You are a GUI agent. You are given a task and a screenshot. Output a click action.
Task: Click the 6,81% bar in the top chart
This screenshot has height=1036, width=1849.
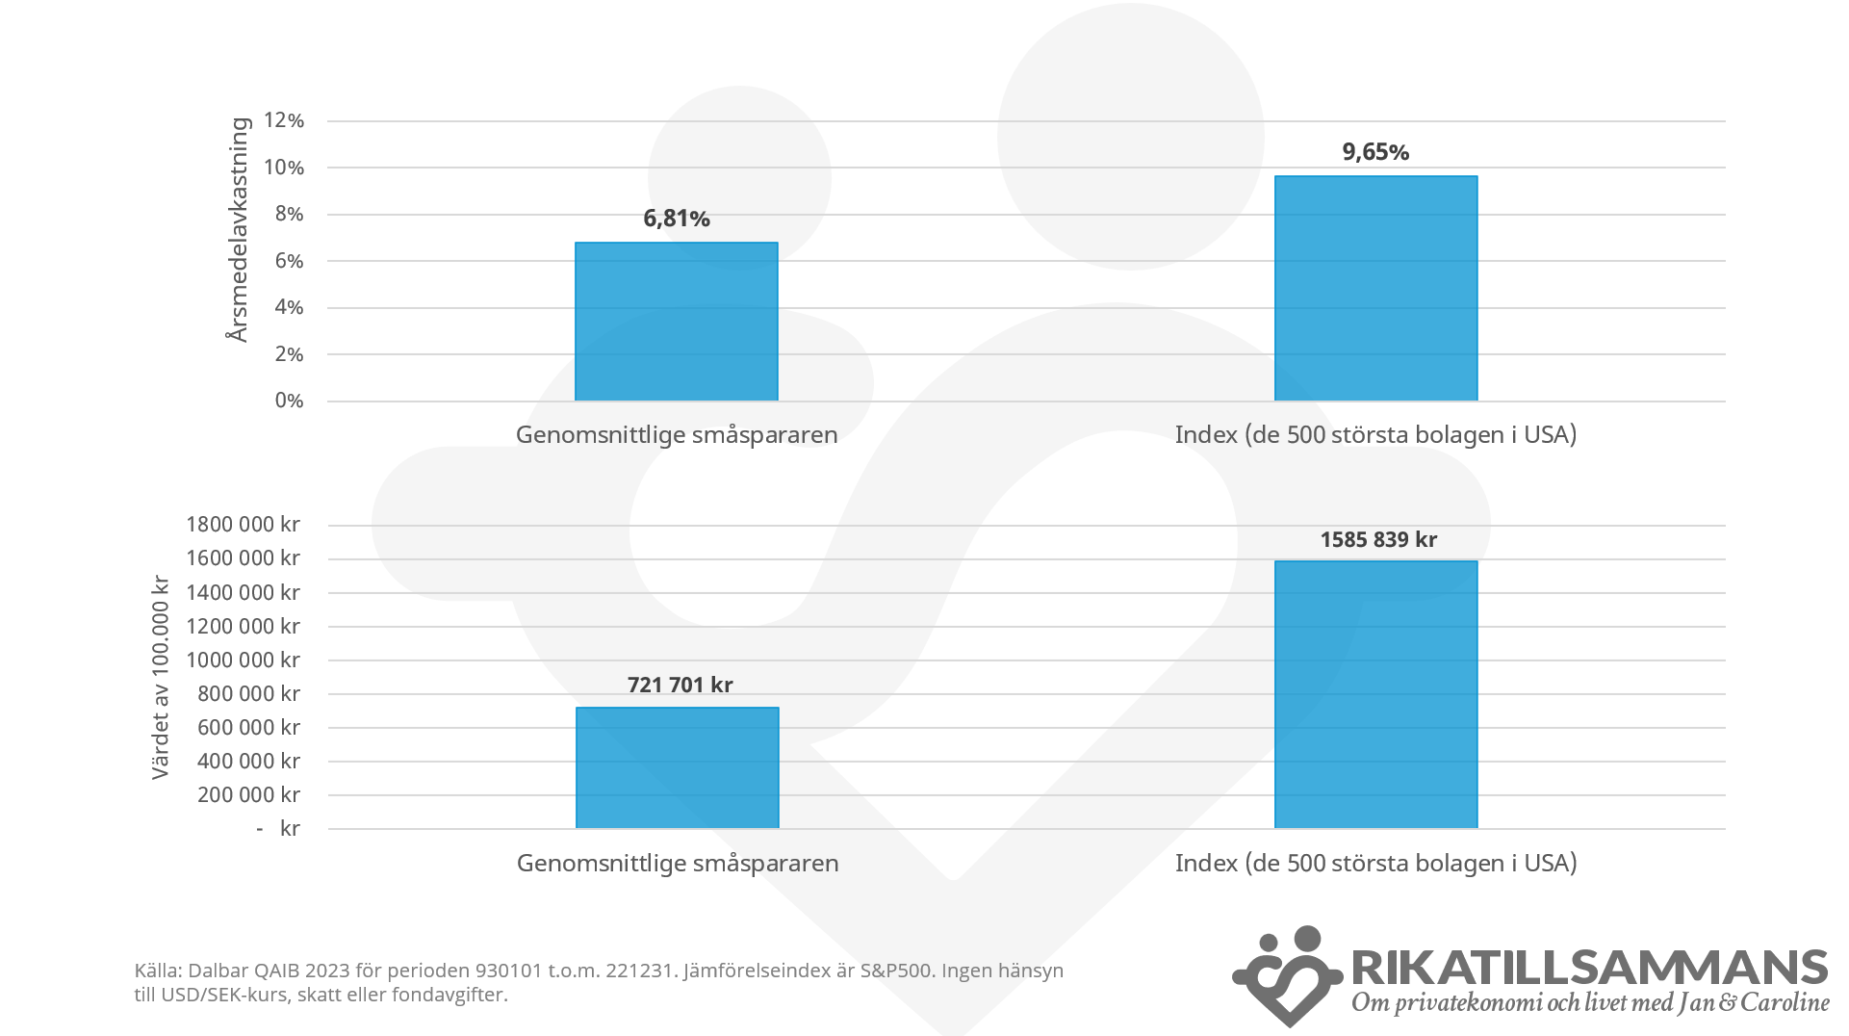676,322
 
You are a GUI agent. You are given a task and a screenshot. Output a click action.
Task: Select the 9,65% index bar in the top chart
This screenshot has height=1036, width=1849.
1375,289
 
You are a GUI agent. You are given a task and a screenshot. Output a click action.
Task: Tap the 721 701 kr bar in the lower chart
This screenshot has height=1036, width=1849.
677,767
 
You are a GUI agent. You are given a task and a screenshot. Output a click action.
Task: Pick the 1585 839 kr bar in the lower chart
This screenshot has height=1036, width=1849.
1375,694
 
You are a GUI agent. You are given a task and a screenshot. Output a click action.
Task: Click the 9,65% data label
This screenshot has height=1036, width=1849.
1375,152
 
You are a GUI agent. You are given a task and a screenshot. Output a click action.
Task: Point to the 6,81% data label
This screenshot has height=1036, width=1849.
677,219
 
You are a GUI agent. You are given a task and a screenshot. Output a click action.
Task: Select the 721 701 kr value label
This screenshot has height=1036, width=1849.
680,685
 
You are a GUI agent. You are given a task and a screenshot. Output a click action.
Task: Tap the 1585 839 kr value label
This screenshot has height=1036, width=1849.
1377,540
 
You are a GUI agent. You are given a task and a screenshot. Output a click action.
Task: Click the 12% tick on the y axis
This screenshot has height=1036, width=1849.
284,120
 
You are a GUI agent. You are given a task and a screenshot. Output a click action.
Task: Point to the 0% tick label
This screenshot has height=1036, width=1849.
289,401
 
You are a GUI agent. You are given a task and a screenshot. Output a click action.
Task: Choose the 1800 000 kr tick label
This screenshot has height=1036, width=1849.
243,525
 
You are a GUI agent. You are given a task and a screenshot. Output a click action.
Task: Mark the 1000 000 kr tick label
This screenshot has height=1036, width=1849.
243,660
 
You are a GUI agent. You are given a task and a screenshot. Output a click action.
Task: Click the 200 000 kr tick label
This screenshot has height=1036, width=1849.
248,794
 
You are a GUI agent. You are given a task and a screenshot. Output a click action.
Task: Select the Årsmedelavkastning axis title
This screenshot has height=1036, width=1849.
238,229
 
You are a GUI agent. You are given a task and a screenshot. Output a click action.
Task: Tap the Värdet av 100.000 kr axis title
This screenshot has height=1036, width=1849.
161,677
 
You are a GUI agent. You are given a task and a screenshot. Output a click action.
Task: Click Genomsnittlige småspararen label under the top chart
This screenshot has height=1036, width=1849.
677,434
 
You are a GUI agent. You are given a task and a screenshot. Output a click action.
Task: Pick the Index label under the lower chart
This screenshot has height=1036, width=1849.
1375,863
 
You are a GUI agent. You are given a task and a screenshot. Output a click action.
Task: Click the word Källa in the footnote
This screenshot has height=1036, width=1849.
157,971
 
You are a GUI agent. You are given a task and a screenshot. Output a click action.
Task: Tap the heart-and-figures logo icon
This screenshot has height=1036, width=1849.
1287,975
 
